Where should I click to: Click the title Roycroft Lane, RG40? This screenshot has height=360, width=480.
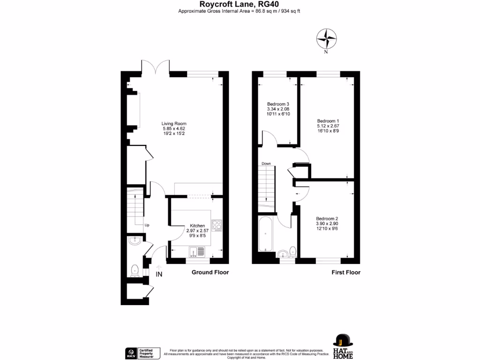point(240,4)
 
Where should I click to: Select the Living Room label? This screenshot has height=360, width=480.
point(171,129)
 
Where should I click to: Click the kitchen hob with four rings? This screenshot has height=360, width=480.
point(217,225)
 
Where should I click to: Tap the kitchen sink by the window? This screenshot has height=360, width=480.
point(197,251)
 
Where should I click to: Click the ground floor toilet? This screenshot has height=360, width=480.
point(135,270)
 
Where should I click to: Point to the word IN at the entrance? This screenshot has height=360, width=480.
point(159,274)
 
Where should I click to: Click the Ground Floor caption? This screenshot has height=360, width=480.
point(210,272)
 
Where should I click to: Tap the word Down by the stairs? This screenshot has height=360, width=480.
point(266,164)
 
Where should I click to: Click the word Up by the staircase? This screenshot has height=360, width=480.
point(147,225)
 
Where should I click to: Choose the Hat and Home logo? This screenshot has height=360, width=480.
point(343,346)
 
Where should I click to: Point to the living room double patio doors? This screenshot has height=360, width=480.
point(156,67)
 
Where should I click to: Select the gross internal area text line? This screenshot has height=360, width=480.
point(240,11)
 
